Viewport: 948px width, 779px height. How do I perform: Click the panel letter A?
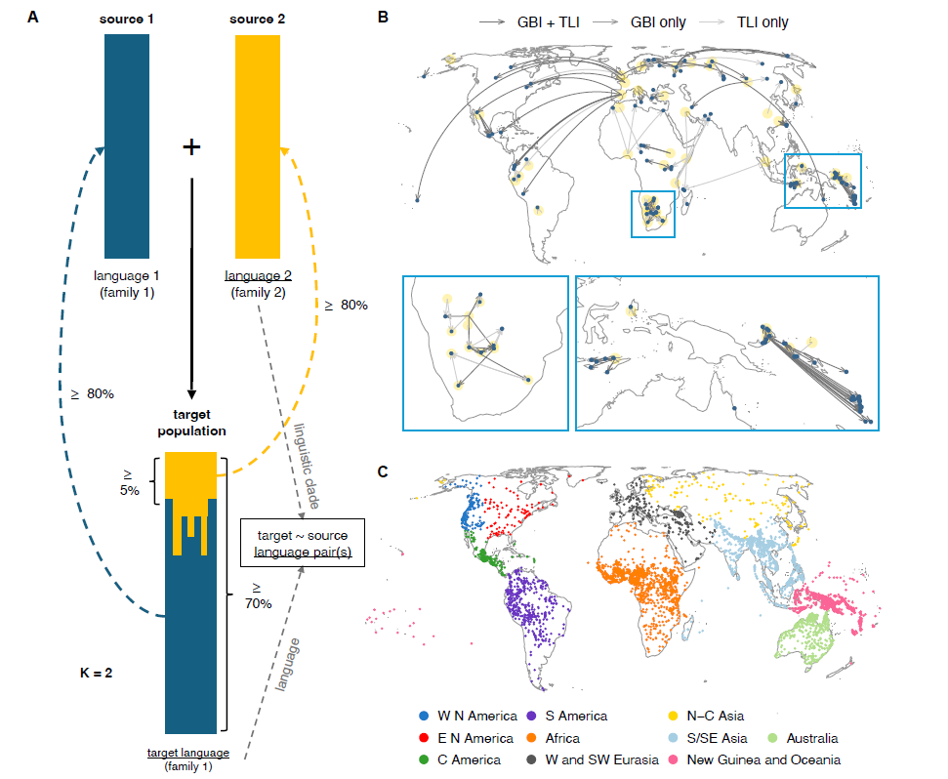pos(34,17)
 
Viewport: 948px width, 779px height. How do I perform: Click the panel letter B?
pos(384,17)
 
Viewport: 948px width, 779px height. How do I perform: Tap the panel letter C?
pos(384,471)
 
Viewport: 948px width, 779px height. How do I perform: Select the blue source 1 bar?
pos(127,146)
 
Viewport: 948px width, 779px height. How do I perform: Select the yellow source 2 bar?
pos(258,146)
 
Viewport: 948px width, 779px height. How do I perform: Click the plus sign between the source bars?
pos(191,147)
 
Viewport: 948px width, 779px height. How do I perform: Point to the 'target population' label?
pos(191,423)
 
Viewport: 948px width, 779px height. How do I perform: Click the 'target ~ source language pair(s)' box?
pos(303,545)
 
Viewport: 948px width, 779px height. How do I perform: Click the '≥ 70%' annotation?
pos(258,594)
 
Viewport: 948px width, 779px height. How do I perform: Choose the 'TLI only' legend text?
pos(762,21)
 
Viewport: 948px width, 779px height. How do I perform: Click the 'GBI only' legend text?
pos(658,21)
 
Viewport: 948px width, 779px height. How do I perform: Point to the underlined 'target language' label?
pos(188,753)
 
